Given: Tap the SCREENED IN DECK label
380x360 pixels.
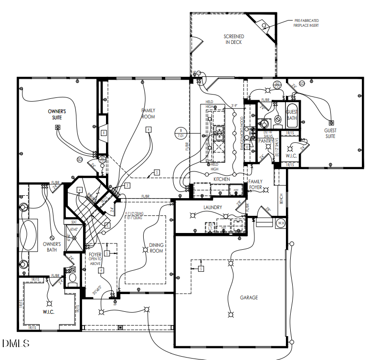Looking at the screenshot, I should [234, 39].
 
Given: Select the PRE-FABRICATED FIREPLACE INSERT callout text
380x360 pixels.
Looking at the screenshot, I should [306, 22].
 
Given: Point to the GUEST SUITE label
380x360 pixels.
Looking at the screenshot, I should [330, 133].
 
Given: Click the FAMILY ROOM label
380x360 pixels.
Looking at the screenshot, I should [148, 113].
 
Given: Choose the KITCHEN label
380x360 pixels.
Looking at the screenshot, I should [222, 179].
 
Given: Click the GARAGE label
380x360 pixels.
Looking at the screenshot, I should [249, 297].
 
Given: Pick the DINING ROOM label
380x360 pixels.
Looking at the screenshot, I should [157, 248].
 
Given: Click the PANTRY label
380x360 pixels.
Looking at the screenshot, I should [265, 141].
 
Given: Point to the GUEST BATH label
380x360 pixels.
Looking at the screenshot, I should [292, 115].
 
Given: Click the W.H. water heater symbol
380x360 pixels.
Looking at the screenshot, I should [281, 222].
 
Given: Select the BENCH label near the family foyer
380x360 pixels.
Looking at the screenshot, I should [281, 200].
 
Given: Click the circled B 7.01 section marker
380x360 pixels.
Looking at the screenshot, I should [180, 133].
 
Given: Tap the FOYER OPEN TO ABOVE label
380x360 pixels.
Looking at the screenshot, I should [95, 258].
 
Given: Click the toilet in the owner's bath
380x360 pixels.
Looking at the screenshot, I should [73, 278].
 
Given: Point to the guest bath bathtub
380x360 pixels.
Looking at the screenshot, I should [292, 115].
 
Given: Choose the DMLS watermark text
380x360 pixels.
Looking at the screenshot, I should [16, 343].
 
